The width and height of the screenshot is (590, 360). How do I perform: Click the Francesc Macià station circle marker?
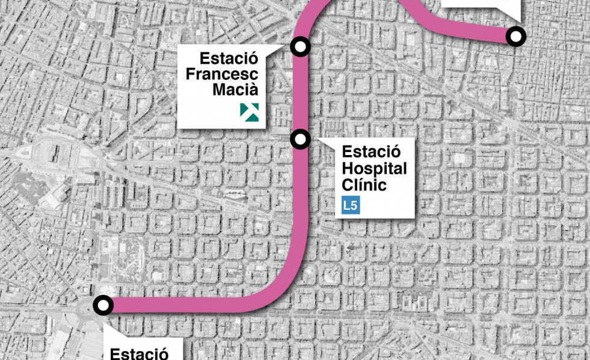coord(300,46)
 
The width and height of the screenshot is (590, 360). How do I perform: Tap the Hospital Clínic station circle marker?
coord(300,139)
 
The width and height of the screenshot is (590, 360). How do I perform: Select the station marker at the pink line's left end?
coord(103,305)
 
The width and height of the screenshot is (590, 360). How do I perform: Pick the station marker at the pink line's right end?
coord(515,37)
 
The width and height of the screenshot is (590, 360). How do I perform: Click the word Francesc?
coord(222,75)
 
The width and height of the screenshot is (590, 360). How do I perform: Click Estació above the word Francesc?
coord(229,59)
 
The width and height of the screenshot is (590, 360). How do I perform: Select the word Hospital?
coord(374,168)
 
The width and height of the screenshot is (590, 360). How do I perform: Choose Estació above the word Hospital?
coord(371,153)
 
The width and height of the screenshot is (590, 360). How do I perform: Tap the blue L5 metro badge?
coord(351,206)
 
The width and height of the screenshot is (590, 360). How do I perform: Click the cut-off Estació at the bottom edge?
coord(138,353)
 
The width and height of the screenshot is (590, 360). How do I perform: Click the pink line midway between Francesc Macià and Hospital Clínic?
coord(301,93)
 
